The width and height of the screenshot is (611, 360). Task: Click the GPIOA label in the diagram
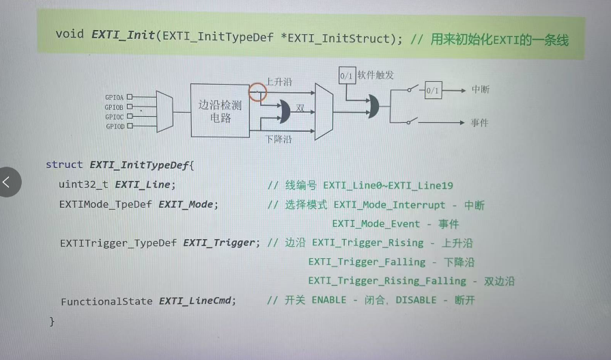[x=113, y=97]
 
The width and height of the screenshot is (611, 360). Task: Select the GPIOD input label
[x=113, y=126]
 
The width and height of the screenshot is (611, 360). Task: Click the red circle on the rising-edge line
[x=257, y=92]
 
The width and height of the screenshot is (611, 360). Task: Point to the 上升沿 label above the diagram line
[x=279, y=82]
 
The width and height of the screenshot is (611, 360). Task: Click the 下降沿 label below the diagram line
[x=279, y=139]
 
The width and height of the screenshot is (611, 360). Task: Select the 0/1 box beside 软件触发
[x=346, y=75]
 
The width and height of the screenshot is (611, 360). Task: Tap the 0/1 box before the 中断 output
[x=433, y=90]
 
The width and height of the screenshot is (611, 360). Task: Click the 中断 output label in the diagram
[x=481, y=89]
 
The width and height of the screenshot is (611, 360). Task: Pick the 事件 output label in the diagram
[x=481, y=122]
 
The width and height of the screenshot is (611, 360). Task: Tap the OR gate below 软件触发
[x=373, y=106]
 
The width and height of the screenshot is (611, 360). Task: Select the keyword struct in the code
[x=63, y=165]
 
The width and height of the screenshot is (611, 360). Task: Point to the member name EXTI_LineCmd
[x=197, y=301]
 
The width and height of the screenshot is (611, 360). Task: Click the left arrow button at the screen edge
[x=8, y=182]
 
